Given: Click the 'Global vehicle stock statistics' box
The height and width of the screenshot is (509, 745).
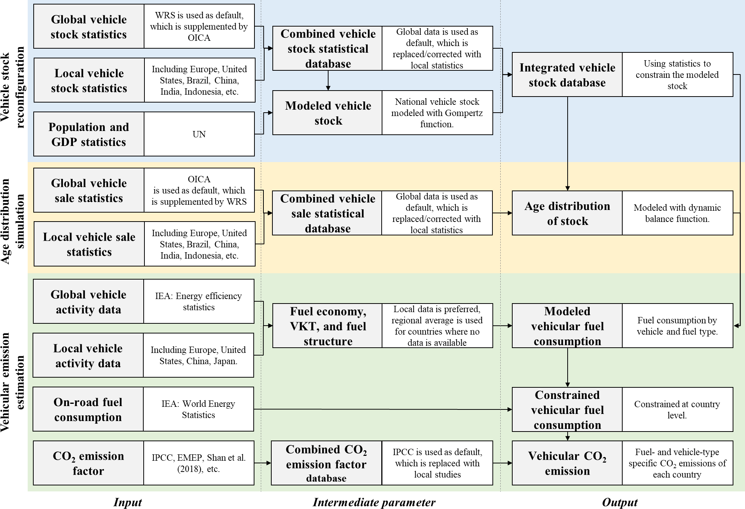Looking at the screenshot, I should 89,27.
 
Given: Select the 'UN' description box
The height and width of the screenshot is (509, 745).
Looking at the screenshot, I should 199,134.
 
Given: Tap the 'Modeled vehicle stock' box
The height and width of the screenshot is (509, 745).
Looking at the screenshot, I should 328,113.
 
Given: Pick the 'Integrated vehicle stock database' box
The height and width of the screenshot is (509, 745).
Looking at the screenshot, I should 567,75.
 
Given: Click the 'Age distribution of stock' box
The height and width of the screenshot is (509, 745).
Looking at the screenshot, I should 567,213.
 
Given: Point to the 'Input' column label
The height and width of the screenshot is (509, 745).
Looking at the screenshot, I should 128,502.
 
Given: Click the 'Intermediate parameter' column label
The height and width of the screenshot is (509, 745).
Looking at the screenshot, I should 374,502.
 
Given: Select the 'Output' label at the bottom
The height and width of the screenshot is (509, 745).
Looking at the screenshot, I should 620,502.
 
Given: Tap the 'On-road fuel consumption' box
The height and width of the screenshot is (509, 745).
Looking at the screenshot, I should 88,409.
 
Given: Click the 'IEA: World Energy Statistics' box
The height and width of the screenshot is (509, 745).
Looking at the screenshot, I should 198,409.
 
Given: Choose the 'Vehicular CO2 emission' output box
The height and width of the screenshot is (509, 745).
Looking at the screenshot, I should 567,463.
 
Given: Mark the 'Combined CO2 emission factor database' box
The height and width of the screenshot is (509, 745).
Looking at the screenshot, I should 326,463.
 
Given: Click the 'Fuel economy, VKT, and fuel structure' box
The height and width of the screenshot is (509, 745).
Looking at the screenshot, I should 328,326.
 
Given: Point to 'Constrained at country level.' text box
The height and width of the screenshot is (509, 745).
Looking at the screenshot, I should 677,409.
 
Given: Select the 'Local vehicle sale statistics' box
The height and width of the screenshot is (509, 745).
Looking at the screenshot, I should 89,244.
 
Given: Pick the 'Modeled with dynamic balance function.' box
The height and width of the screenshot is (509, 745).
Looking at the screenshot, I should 677,213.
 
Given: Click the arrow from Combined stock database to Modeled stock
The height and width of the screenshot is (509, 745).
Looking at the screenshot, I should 328,80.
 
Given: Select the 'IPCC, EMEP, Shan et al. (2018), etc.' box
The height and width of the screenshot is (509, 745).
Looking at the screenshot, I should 198,463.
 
